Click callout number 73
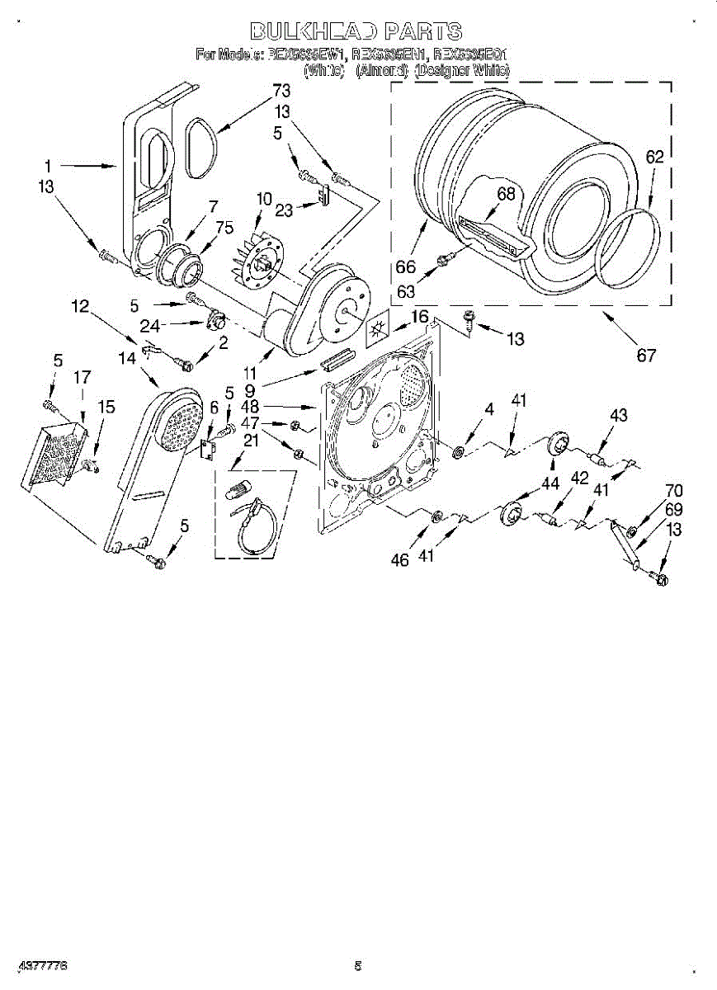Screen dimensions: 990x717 tap(282, 90)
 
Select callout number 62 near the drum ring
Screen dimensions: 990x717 tap(654, 157)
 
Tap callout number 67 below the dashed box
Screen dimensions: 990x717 tap(646, 356)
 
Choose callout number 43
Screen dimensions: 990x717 tap(619, 415)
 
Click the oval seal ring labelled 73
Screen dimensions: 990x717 tap(201, 148)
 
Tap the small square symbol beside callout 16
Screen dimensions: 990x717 tap(380, 328)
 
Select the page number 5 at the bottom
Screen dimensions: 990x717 tap(358, 965)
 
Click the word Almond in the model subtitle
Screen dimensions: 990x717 tap(381, 71)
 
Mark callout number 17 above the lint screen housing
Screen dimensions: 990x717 tap(82, 378)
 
